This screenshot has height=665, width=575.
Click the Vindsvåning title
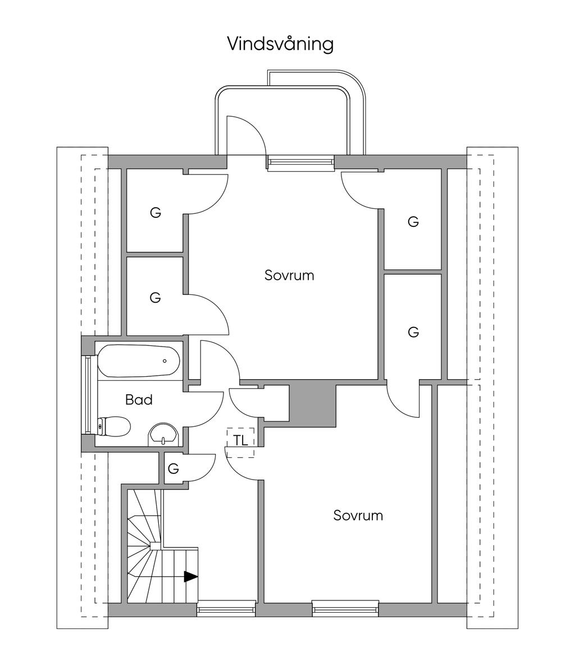[280, 44]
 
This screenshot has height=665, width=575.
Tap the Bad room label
[139, 400]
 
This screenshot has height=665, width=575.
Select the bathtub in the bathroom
[138, 361]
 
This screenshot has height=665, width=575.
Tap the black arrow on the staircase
[191, 576]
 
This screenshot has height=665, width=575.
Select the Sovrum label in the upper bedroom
[289, 276]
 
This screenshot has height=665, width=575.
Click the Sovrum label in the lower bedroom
[358, 515]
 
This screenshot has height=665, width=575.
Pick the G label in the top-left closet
[156, 213]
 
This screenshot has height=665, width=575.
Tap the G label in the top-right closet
[413, 222]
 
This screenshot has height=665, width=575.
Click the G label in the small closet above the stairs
[174, 468]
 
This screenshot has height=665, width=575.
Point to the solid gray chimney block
[312, 403]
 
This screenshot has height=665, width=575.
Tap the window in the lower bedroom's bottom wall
[345, 608]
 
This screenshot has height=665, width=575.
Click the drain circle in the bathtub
[165, 361]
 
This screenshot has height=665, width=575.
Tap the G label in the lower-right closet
[413, 332]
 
